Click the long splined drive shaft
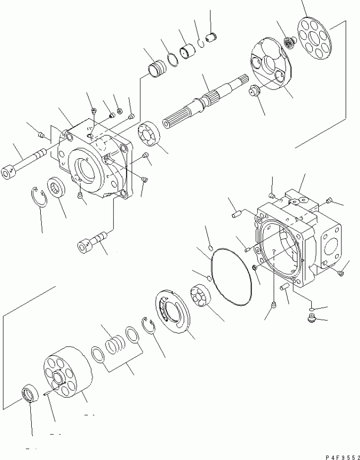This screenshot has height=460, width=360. click(205, 101)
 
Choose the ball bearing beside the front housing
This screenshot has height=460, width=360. click(149, 134)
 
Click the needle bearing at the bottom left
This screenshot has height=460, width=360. click(30, 393)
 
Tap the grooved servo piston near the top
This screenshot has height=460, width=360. click(157, 69)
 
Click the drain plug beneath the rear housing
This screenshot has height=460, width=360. click(311, 318)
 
